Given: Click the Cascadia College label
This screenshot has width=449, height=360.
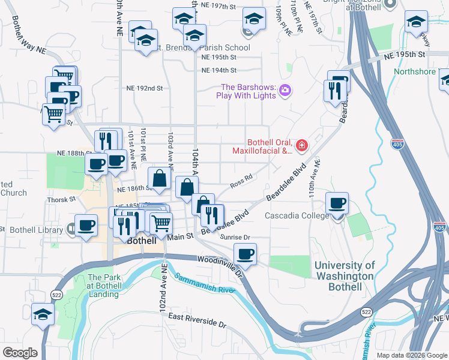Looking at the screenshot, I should pyautogui.click(x=297, y=215).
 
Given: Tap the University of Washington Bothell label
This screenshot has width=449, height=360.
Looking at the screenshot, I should pyautogui.click(x=345, y=276).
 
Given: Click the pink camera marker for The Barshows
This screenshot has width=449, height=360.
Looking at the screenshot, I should pyautogui.click(x=285, y=91).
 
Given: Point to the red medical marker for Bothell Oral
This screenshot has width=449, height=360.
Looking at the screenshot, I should pyautogui.click(x=301, y=145).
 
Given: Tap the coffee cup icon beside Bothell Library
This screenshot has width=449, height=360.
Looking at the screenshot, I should pyautogui.click(x=86, y=226).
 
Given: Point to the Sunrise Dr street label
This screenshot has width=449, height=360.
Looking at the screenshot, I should pyautogui.click(x=235, y=238).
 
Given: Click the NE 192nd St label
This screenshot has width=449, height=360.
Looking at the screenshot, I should pyautogui.click(x=145, y=88).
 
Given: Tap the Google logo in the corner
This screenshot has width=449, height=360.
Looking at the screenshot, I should pyautogui.click(x=20, y=353).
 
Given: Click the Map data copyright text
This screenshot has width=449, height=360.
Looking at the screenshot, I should pyautogui.click(x=411, y=355).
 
